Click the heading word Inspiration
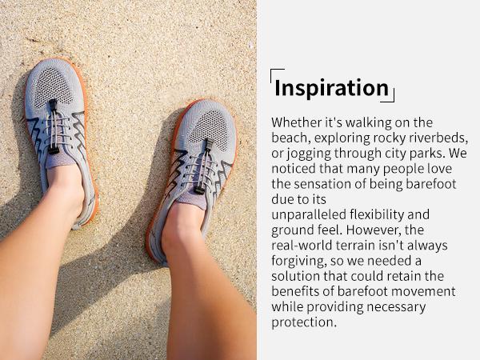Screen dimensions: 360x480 click(x=331, y=88)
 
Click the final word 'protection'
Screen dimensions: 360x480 click(x=302, y=322)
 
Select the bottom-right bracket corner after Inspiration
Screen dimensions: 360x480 click(x=391, y=99)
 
